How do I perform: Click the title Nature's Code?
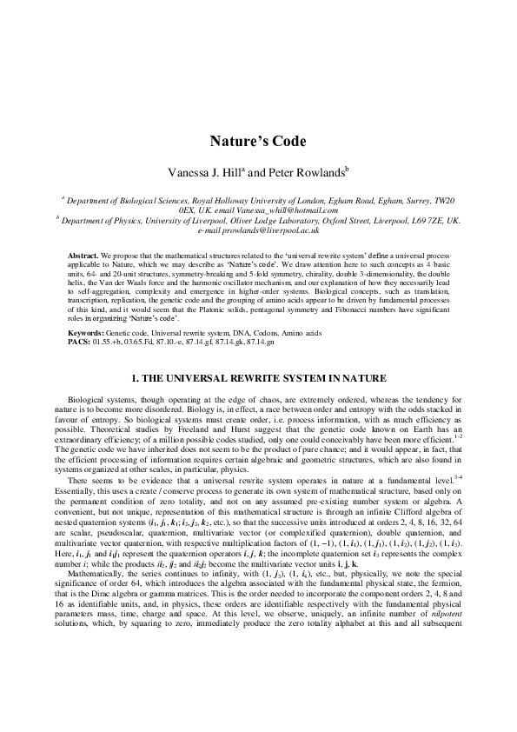258,142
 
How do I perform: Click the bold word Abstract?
83,255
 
